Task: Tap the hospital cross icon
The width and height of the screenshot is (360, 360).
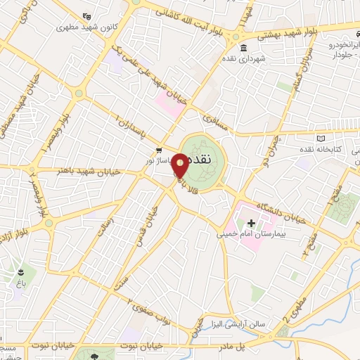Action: (x=251, y=222)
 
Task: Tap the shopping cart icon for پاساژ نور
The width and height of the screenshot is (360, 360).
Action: (x=160, y=150)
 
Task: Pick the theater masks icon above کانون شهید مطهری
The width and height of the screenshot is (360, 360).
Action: (x=86, y=15)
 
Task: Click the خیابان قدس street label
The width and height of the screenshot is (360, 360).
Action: (x=148, y=214)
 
